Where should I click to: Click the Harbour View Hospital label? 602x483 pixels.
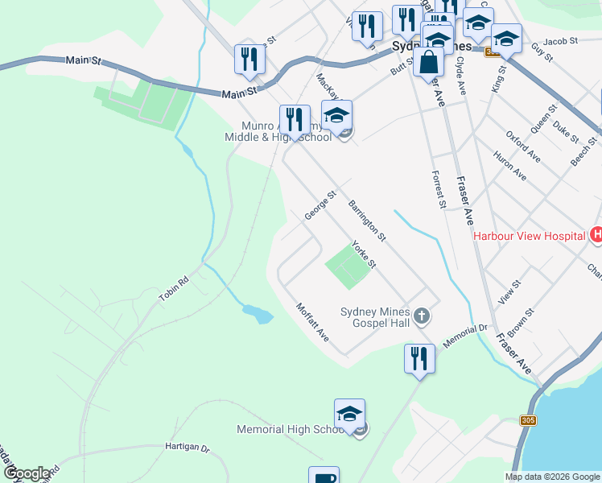529,236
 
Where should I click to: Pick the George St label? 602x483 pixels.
320,205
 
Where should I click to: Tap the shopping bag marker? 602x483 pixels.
430,62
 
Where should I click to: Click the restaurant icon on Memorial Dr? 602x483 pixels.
419,358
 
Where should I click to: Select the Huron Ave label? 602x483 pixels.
509,165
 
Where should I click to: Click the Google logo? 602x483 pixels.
27,473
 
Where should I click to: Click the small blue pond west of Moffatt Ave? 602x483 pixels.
257,313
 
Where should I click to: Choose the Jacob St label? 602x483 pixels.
560,40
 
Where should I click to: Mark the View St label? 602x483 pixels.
510,291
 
